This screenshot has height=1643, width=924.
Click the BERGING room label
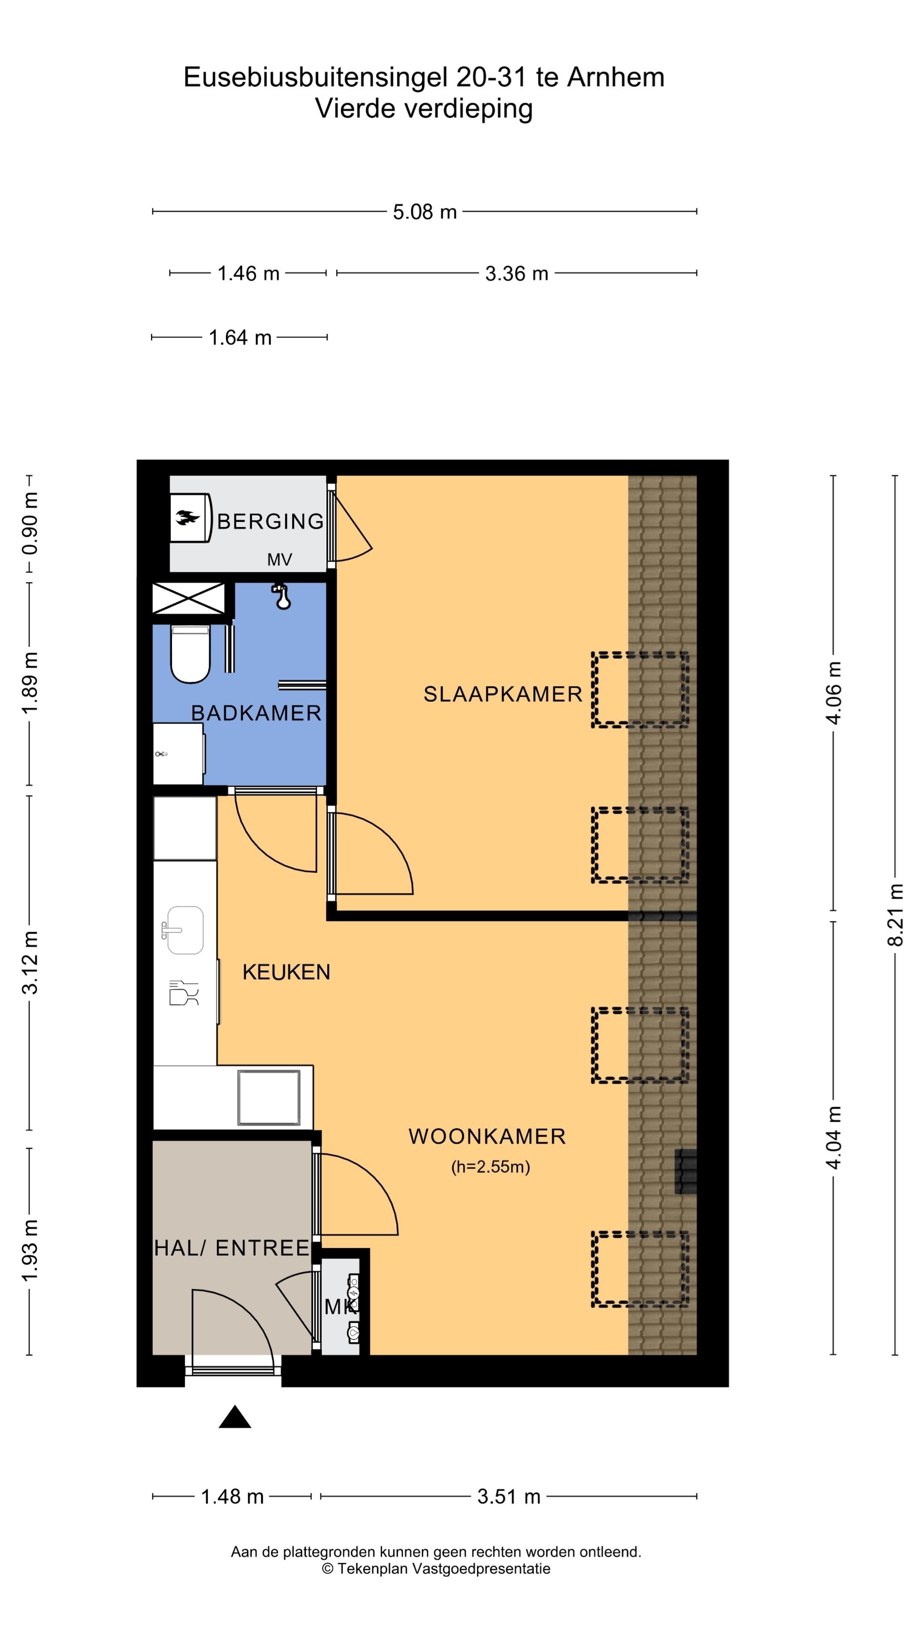pos(270,521)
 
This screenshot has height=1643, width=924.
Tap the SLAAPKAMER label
pos(503,694)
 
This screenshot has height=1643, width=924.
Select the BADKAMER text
pos(256,712)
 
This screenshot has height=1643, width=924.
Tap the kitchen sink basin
pos(185,930)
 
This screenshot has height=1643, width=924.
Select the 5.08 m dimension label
pos(425,212)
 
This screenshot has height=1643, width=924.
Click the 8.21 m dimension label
pos(895,914)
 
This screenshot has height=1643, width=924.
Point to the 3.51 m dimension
pos(509,1496)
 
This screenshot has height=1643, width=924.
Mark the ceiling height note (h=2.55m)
pos(490,1166)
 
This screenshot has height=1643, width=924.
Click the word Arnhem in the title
pos(616,77)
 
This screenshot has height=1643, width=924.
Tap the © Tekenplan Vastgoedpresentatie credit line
pos(436,1569)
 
